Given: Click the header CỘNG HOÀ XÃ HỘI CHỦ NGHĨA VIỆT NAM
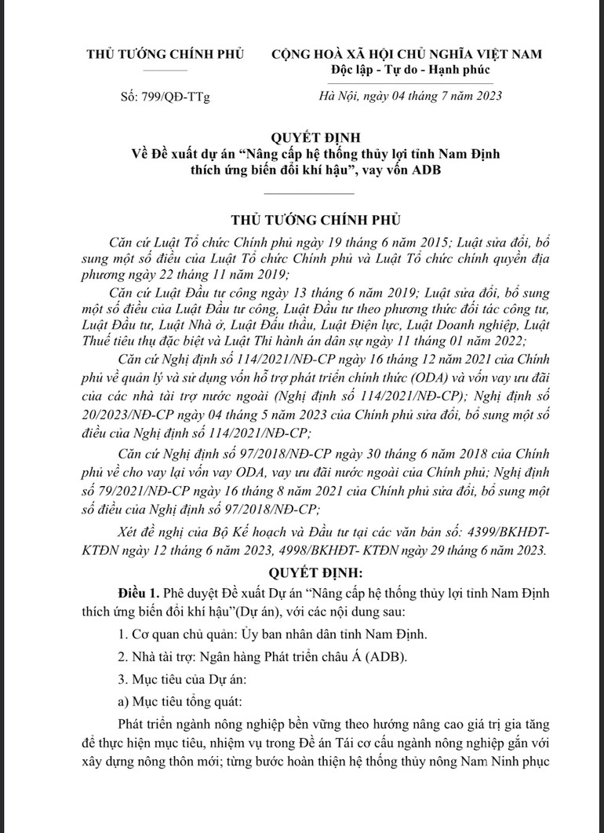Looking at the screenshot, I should (x=406, y=54).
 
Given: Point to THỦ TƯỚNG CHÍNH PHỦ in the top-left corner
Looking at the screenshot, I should (x=166, y=54).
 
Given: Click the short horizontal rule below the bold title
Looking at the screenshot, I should (x=309, y=192).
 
